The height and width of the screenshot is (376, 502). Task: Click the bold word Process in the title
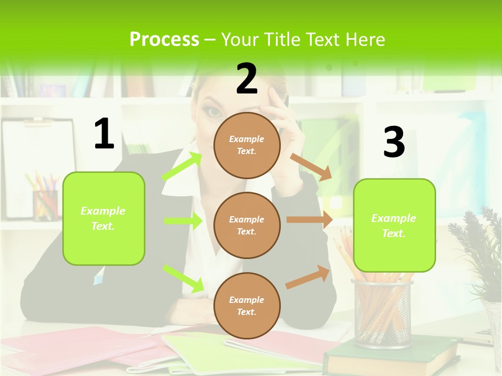(164, 39)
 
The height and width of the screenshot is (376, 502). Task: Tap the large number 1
(104, 134)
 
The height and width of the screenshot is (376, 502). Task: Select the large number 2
(247, 79)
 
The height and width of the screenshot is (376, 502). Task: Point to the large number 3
(394, 142)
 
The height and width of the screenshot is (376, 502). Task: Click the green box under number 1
(104, 218)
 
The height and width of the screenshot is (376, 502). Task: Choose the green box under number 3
(394, 225)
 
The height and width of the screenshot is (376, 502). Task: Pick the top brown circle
(247, 145)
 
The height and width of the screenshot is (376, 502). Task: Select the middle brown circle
(247, 225)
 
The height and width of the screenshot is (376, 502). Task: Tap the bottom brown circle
(247, 305)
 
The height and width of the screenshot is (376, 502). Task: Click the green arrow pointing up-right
(182, 166)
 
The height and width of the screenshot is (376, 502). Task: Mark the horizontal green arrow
(183, 221)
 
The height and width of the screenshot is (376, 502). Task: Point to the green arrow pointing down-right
(184, 278)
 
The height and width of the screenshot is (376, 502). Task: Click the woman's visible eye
(213, 111)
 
